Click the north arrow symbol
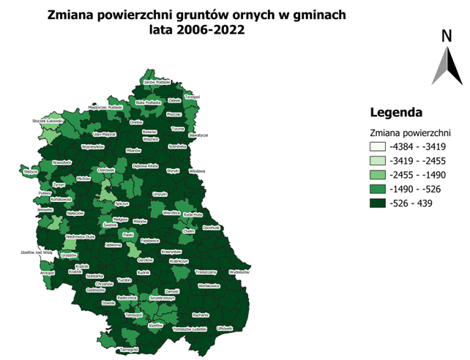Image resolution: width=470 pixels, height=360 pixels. (446, 67)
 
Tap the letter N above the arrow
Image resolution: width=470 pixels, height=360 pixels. (446, 37)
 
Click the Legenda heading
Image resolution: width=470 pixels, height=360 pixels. (396, 113)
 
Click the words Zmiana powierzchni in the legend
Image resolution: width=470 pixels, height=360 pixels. (410, 133)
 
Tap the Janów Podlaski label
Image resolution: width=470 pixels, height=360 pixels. (157, 83)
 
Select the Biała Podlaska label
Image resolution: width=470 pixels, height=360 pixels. (149, 103)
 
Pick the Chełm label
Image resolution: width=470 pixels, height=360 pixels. (188, 230)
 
